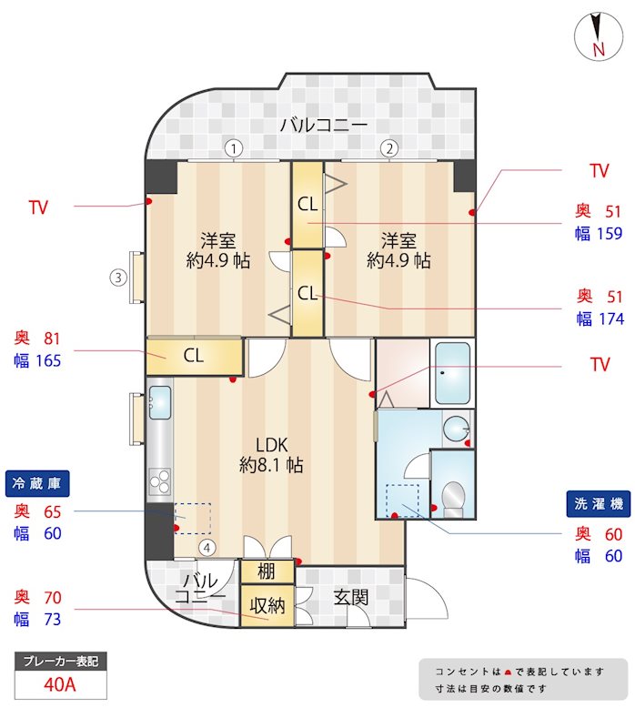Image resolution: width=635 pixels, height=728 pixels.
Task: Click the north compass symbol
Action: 598,37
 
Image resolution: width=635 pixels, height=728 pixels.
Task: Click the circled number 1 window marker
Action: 234,147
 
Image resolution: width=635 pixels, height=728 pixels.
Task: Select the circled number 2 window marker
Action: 388,147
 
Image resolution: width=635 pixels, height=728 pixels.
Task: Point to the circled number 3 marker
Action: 117,278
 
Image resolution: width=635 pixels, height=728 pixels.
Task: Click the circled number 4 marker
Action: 208,548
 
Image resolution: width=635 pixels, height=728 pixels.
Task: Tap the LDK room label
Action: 271,445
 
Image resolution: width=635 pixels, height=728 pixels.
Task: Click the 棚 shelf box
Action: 267,571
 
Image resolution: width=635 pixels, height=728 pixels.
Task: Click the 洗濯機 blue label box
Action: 596,503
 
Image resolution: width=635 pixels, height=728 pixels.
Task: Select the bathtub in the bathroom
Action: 452,373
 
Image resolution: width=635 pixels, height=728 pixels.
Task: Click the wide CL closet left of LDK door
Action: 194,355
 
